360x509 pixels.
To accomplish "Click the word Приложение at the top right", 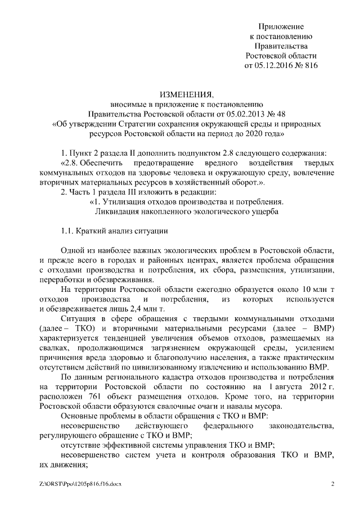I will pos(281,26).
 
